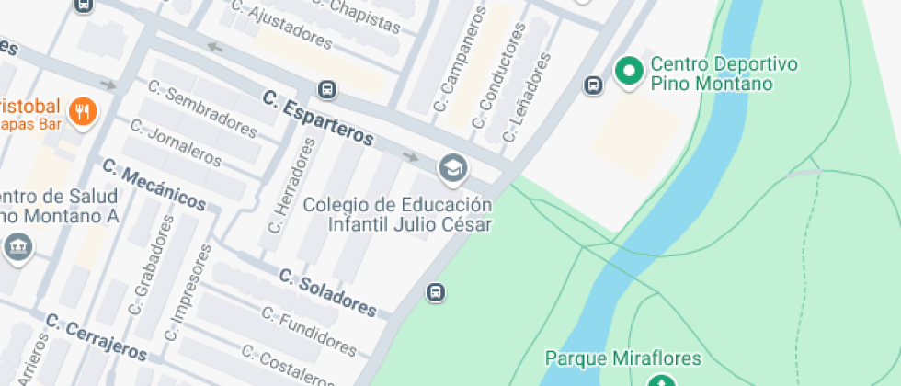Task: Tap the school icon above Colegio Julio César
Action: click(451, 168)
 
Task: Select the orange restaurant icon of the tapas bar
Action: click(84, 111)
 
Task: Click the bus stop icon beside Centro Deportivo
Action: click(593, 85)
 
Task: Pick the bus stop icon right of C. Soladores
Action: click(435, 293)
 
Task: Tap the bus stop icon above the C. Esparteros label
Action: click(326, 89)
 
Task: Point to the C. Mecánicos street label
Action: click(154, 184)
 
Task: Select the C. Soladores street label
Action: click(327, 292)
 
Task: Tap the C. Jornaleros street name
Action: click(176, 142)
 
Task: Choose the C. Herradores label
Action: click(291, 184)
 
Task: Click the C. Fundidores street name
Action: click(309, 330)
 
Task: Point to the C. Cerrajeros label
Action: click(96, 337)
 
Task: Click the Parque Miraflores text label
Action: click(623, 358)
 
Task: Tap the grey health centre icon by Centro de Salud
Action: click(17, 246)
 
